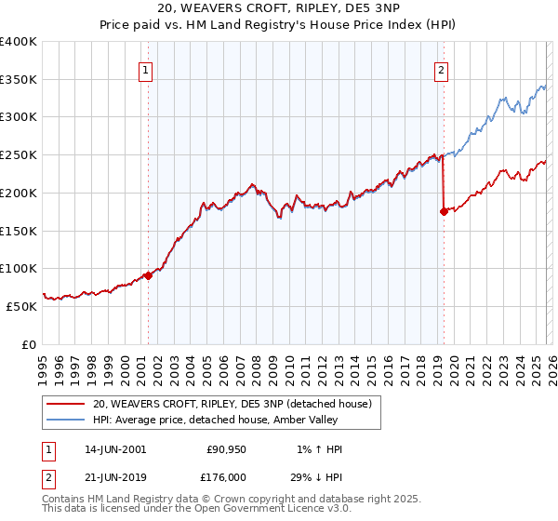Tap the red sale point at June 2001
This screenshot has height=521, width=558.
(x=148, y=275)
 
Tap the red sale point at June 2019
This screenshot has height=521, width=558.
(x=444, y=211)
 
